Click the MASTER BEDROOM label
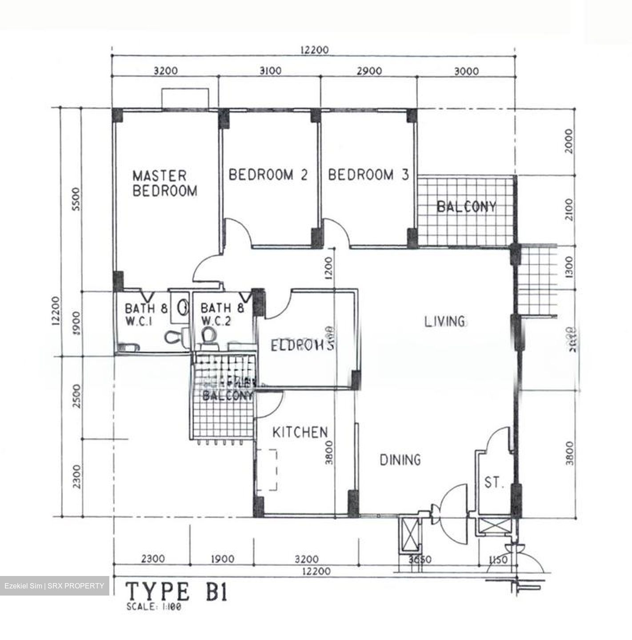pos(165,183)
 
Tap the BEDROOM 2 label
pos(268,175)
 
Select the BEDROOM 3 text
pos(368,175)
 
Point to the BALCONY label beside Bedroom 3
pos(466,207)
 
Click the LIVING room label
pos(444,321)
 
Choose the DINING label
pos(400,460)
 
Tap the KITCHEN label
pos(300,432)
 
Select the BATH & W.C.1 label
pos(146,314)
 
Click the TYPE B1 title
pos(177,592)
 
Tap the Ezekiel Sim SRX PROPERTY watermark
pos(54,586)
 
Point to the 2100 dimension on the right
pos(570,210)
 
